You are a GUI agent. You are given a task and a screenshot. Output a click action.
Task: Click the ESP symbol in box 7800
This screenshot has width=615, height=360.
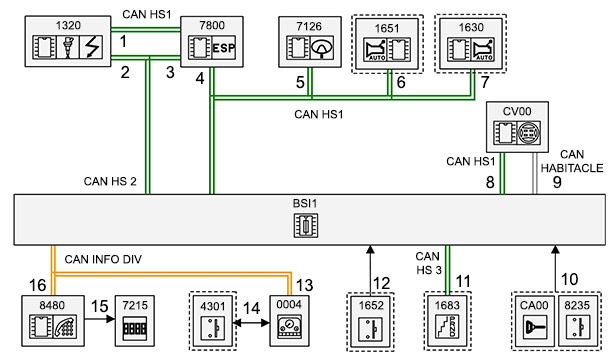(224, 48)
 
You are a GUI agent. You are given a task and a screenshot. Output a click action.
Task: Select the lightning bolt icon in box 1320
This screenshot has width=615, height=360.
(92, 47)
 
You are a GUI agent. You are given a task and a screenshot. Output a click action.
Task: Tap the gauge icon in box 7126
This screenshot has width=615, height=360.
(322, 48)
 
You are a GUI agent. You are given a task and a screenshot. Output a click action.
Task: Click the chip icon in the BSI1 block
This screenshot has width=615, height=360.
(306, 225)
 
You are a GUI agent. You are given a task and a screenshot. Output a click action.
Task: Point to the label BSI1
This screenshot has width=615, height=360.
(305, 204)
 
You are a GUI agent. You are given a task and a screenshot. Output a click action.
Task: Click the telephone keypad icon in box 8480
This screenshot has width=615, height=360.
(65, 326)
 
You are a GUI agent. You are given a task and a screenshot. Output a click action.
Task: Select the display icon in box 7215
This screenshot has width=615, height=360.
(135, 327)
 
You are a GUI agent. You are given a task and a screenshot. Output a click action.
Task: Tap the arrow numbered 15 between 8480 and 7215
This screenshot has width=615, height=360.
(100, 319)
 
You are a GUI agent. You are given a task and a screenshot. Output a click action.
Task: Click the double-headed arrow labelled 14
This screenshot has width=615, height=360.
(251, 323)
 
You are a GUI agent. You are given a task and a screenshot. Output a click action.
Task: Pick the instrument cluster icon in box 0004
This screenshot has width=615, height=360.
(289, 327)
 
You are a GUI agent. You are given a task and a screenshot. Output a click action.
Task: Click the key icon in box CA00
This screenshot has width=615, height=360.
(535, 327)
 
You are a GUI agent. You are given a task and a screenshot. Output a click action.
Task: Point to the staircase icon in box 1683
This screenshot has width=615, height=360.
(447, 326)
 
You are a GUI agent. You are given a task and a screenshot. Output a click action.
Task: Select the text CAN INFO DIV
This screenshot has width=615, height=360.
(103, 259)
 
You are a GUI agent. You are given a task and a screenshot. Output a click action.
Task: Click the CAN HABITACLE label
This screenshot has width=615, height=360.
(572, 161)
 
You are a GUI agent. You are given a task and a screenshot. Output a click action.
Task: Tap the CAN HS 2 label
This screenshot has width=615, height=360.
(110, 181)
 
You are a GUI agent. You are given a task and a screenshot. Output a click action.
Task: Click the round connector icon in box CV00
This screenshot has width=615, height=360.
(529, 133)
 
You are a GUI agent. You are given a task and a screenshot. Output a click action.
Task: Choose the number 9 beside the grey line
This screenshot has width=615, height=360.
(557, 182)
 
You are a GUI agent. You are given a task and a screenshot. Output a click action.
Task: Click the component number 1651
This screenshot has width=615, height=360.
(387, 28)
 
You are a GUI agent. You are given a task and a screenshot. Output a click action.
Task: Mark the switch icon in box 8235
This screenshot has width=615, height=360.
(577, 327)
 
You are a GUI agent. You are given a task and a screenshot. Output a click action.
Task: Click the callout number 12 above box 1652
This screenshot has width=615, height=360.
(382, 283)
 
